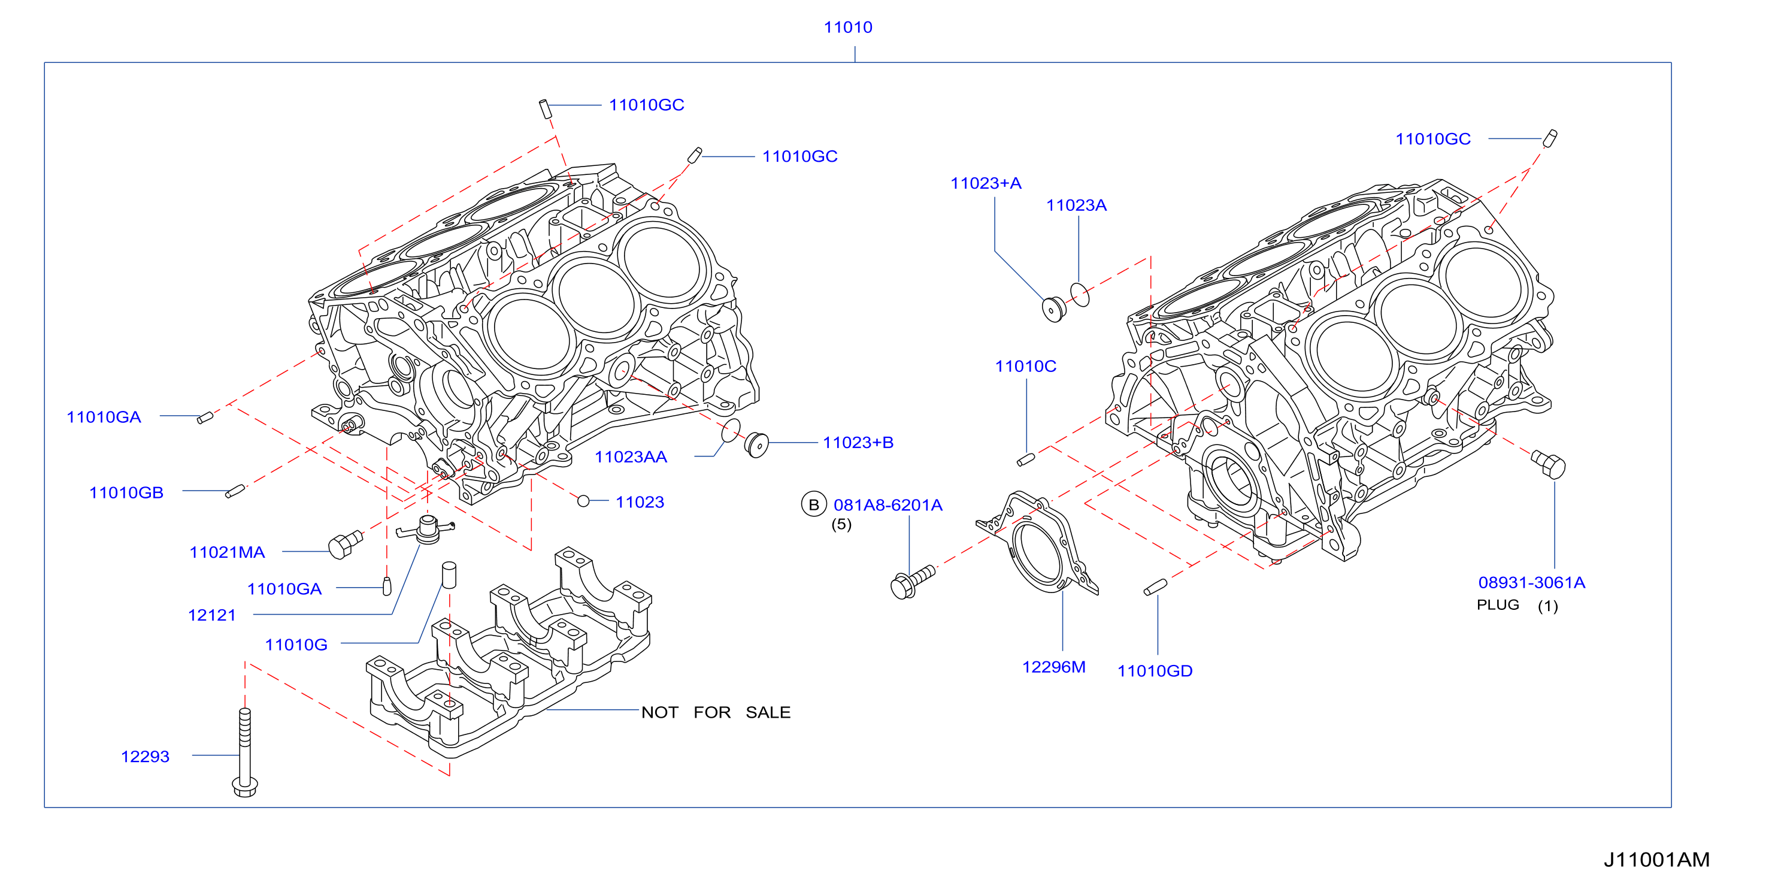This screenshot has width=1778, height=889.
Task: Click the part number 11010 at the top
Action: point(847,27)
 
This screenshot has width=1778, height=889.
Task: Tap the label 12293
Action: point(145,757)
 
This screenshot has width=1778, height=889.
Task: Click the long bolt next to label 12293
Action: point(245,752)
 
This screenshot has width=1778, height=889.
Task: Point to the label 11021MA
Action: point(227,552)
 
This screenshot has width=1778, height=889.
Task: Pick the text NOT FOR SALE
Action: point(716,712)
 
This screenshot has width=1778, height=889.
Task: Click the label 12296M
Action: point(1053,667)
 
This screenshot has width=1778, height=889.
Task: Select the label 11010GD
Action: point(1155,671)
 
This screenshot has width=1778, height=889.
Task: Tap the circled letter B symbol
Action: point(814,504)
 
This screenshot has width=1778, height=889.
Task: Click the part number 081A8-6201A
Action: point(888,505)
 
